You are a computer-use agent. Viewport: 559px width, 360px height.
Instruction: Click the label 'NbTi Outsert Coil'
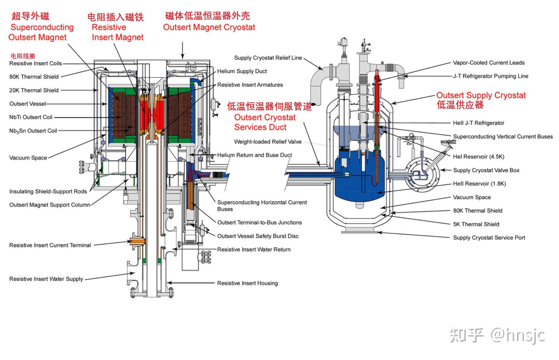click(31, 117)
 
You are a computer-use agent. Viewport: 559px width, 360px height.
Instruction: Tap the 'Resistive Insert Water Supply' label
click(46, 279)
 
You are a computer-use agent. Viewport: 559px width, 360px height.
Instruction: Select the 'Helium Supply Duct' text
click(242, 71)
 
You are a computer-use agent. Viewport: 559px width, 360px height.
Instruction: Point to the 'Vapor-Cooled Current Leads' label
click(488, 63)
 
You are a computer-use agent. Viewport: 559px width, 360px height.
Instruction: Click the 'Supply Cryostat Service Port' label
click(489, 238)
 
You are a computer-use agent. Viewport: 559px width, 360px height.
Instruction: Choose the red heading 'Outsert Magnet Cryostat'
click(209, 27)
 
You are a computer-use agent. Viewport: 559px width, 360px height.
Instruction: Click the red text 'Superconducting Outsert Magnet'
click(41, 32)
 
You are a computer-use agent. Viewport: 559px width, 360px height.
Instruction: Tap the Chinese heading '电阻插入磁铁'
click(116, 17)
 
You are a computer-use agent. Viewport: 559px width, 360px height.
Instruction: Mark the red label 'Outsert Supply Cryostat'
click(481, 95)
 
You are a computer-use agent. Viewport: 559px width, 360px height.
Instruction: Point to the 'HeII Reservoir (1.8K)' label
click(479, 184)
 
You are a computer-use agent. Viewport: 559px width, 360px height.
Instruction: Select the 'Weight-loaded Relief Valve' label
click(267, 142)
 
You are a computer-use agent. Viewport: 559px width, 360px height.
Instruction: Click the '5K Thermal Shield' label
click(476, 224)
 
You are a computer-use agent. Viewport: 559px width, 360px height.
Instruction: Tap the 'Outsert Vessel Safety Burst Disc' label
click(258, 236)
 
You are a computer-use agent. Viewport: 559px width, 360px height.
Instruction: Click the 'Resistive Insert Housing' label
click(247, 283)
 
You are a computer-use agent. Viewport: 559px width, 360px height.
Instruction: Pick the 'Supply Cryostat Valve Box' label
click(486, 170)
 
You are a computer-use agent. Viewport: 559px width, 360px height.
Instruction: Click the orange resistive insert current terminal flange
click(138, 242)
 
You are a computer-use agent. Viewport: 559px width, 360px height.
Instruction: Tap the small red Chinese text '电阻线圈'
click(23, 56)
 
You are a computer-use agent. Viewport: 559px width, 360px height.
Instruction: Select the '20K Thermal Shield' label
click(34, 90)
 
